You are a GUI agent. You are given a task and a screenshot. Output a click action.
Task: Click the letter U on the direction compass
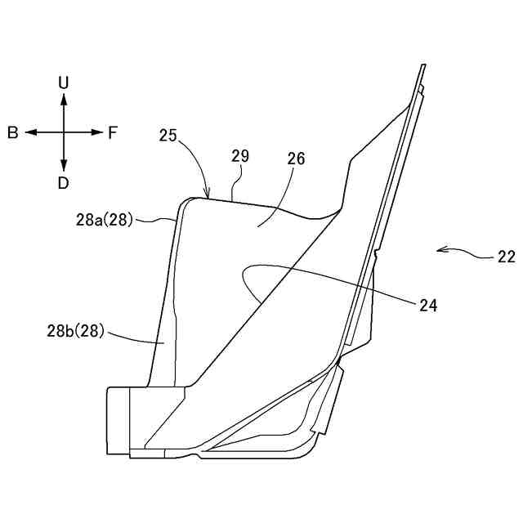(64, 83)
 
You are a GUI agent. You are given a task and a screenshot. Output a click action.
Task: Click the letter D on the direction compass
(64, 182)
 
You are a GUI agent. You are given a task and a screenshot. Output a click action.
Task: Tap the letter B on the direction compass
(13, 132)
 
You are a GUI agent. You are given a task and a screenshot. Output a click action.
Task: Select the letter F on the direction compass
(113, 132)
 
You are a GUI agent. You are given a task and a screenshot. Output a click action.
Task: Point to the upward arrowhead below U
(64, 97)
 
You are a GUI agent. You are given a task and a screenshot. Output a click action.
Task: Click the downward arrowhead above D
(64, 167)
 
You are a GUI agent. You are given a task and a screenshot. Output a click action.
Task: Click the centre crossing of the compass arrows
(64, 132)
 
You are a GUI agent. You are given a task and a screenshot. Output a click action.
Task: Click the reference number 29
(240, 155)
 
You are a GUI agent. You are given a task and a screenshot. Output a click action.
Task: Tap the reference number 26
(295, 159)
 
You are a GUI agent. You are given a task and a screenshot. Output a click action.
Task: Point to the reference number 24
(428, 306)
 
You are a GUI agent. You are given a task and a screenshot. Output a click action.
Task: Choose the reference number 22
(505, 257)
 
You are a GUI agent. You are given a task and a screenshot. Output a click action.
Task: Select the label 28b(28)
(75, 332)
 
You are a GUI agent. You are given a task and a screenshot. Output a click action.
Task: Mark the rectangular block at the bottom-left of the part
(118, 420)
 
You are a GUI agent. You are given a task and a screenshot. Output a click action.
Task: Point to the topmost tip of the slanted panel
(424, 65)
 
